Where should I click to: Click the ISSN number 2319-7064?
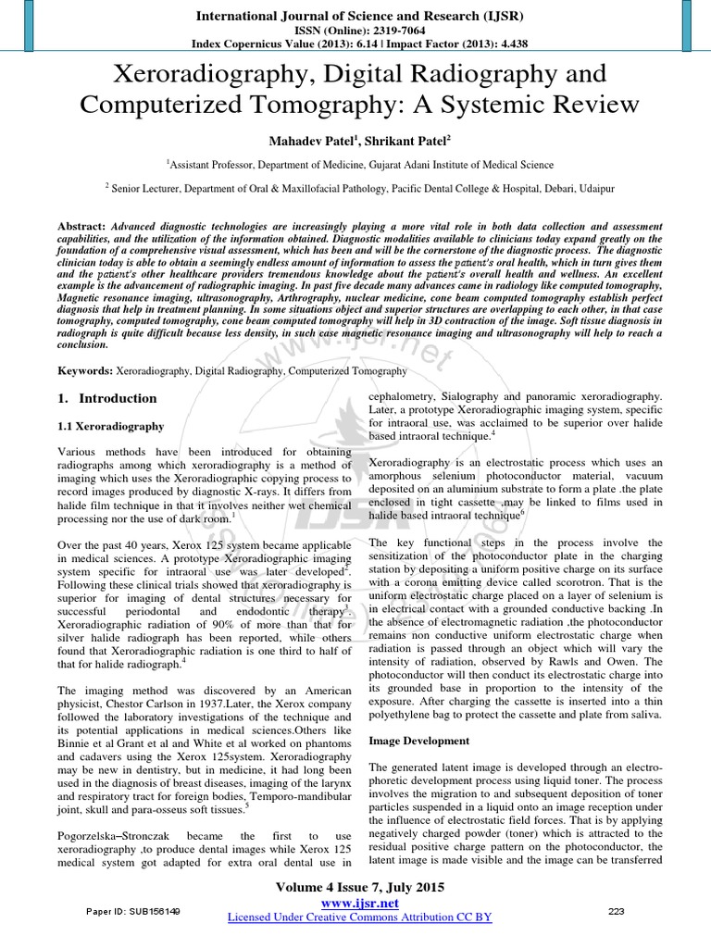pyautogui.click(x=390, y=30)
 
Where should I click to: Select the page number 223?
pyautogui.click(x=616, y=912)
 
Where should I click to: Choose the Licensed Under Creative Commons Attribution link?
pyautogui.click(x=359, y=917)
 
